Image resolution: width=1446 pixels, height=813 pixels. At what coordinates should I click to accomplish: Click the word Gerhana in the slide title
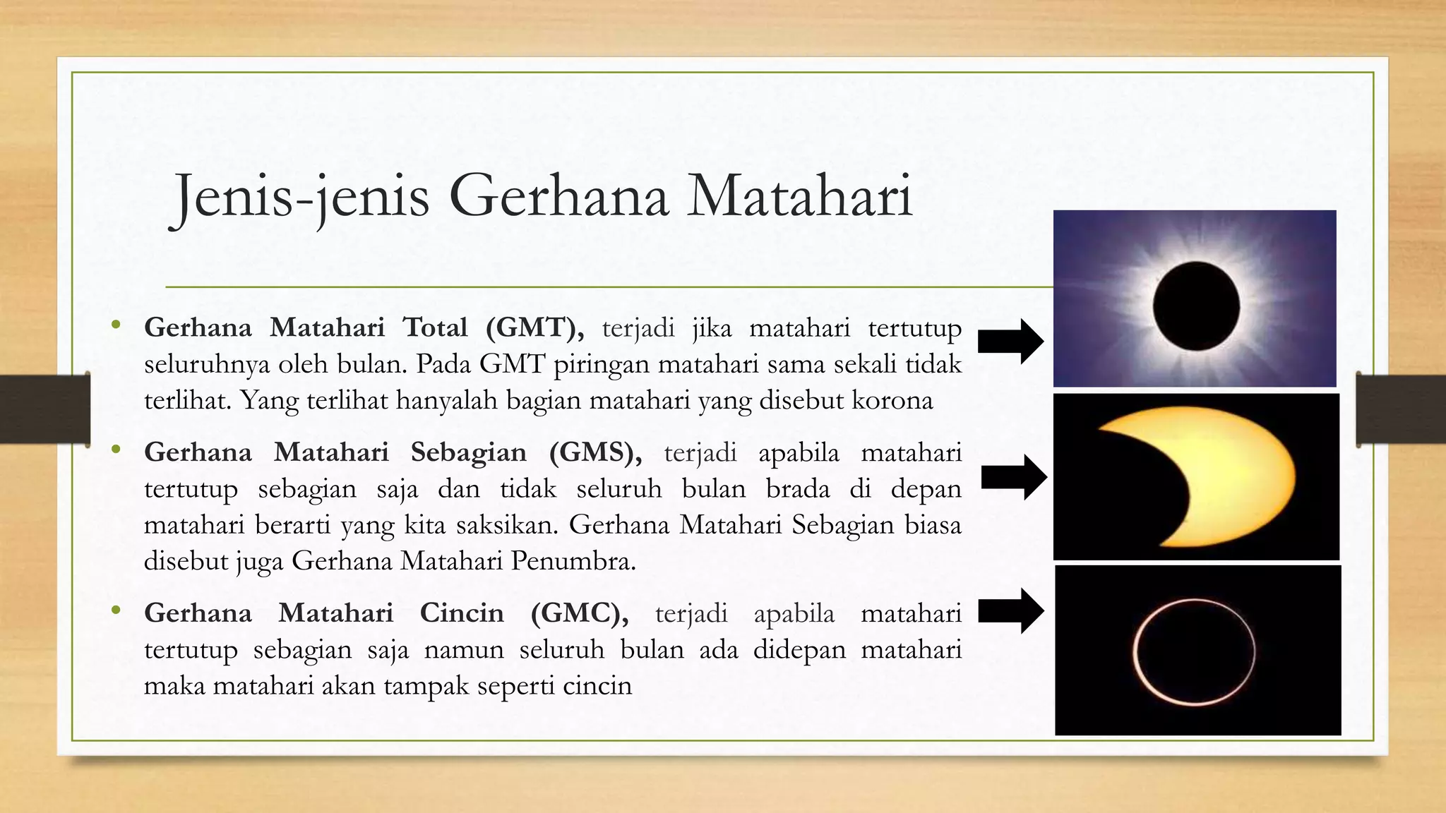point(558,195)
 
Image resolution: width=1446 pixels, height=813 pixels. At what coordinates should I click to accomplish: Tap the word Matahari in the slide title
point(800,195)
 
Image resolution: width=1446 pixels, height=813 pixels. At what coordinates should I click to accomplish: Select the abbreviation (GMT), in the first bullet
point(534,327)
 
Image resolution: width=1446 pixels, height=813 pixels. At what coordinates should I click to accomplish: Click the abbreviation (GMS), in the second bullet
point(595,452)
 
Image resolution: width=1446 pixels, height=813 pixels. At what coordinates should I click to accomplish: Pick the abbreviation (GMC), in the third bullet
point(580,613)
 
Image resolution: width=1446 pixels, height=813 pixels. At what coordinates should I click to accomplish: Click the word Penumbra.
point(573,561)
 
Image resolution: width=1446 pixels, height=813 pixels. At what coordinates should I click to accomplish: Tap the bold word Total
point(435,327)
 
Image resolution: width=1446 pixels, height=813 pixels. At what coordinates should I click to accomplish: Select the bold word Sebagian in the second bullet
point(469,452)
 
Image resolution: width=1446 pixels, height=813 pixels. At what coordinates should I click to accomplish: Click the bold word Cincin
point(462,613)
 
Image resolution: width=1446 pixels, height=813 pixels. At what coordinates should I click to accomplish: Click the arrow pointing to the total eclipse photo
point(1010,342)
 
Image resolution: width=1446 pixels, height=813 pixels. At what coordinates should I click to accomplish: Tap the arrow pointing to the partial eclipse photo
point(1014,478)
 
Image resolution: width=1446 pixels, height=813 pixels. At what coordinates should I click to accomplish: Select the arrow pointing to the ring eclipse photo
point(1010,611)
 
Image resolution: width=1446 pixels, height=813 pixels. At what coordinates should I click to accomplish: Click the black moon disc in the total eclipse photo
point(1196,306)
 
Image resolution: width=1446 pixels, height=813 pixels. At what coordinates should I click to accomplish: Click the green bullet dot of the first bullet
point(116,325)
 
